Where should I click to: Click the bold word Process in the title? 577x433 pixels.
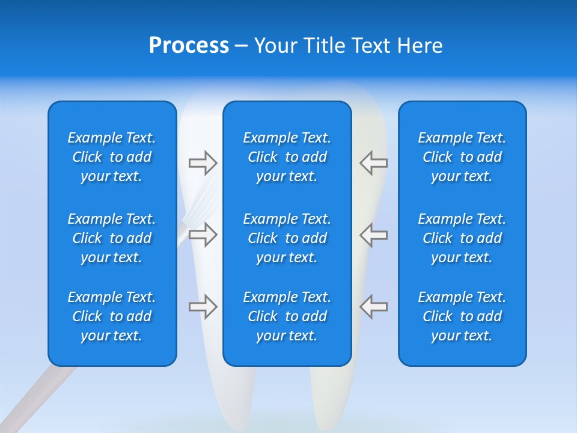(189, 46)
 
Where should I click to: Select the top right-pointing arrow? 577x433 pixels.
(203, 162)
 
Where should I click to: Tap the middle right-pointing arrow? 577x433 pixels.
(203, 234)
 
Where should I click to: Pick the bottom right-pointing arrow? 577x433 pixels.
(203, 307)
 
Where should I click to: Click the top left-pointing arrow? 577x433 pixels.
(373, 162)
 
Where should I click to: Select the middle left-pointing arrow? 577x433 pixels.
(373, 234)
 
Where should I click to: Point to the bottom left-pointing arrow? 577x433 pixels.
(373, 307)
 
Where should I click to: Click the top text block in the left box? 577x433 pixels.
(112, 157)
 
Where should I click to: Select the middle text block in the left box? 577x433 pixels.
(112, 238)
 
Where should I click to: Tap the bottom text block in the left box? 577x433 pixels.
(112, 316)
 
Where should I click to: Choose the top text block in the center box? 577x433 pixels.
(287, 157)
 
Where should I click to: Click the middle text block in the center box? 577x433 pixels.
(287, 238)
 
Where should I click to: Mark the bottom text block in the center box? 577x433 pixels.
(287, 316)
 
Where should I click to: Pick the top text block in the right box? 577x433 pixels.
(462, 157)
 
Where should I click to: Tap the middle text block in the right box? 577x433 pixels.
(462, 238)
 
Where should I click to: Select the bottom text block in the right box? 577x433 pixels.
(462, 316)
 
